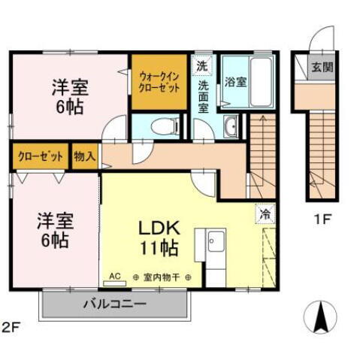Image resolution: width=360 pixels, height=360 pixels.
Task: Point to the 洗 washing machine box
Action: [201, 65]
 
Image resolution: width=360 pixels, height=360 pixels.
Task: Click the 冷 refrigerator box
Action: [265, 213]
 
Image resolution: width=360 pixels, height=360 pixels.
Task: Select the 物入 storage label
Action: [85, 158]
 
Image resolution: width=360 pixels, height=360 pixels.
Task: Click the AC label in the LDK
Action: [115, 277]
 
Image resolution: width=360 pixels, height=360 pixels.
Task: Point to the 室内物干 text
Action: [162, 277]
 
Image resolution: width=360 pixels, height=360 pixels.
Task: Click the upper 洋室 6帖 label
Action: [70, 95]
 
